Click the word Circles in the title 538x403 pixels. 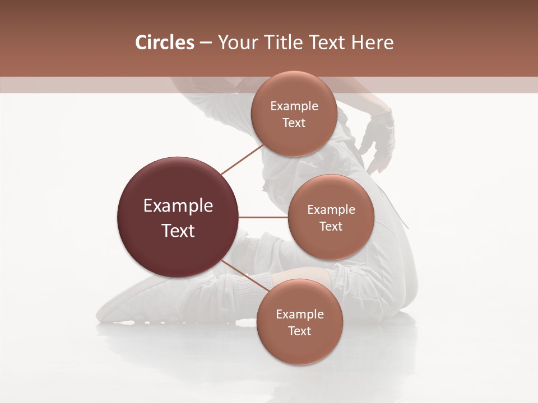click(164, 43)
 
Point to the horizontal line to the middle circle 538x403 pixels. click(263, 217)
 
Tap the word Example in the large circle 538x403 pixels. click(178, 206)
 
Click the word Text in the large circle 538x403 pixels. click(178, 231)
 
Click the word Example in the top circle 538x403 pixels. click(294, 106)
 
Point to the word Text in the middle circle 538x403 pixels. click(331, 227)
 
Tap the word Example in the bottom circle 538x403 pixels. click(299, 315)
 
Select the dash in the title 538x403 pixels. click(205, 43)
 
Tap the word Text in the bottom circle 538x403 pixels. click(299, 331)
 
